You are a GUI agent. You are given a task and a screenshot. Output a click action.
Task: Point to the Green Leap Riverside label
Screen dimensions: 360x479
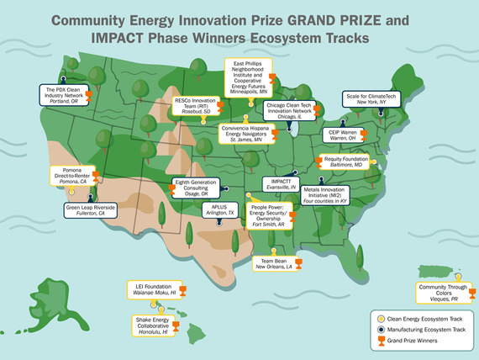89,210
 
